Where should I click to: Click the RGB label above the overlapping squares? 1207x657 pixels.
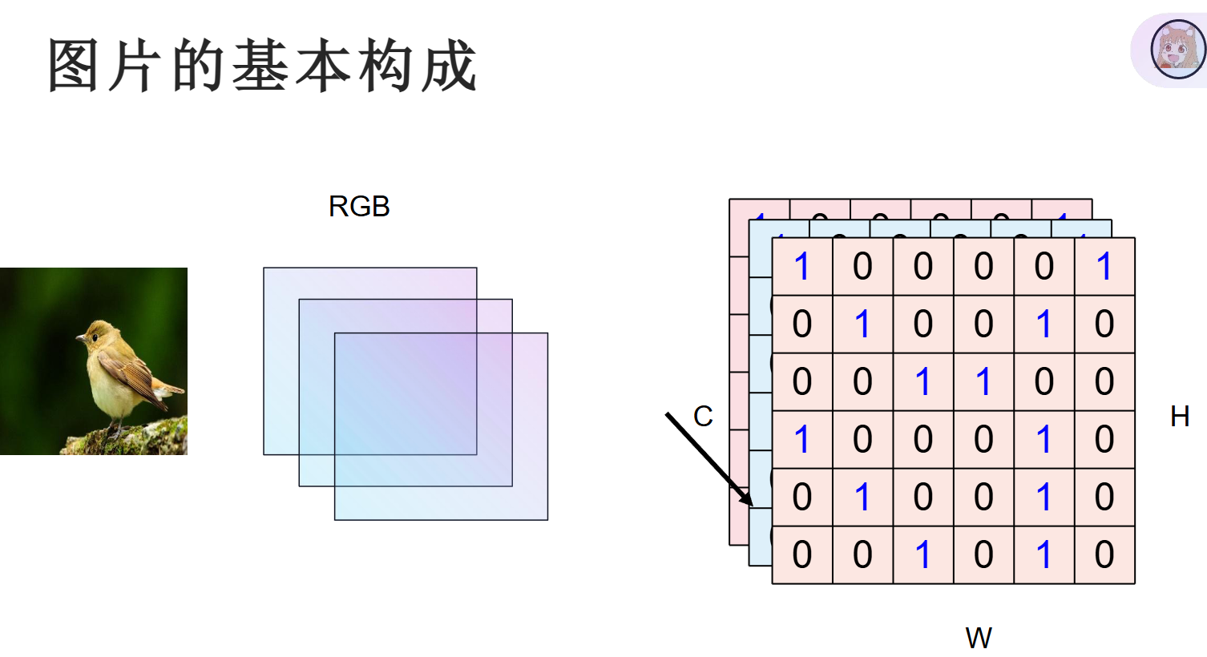coord(359,206)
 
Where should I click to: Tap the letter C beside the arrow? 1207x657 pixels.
coord(703,417)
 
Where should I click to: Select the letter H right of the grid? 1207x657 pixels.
coord(1180,417)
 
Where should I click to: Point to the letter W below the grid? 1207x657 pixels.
coord(979,638)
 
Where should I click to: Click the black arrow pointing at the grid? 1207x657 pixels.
coord(709,459)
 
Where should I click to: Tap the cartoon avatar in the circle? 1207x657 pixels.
coord(1178,50)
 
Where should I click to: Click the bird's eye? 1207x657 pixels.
coord(95,337)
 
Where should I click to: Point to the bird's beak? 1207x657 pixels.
coord(81,339)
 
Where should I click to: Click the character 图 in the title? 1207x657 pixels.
coord(73,65)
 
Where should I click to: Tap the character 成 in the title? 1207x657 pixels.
coord(449,65)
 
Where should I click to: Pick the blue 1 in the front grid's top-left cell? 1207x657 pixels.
coord(801,266)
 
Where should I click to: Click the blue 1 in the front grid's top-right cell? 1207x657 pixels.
coord(1104,266)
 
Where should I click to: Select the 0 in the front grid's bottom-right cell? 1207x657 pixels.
coord(1104,554)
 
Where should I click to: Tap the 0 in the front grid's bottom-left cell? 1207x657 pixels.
coord(801,554)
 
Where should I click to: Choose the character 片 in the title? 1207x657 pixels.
coord(135,65)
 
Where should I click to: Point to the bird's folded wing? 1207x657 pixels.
coord(127,373)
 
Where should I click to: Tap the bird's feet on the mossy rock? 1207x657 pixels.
coord(115,430)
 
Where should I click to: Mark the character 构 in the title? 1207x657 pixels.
coord(386,65)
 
